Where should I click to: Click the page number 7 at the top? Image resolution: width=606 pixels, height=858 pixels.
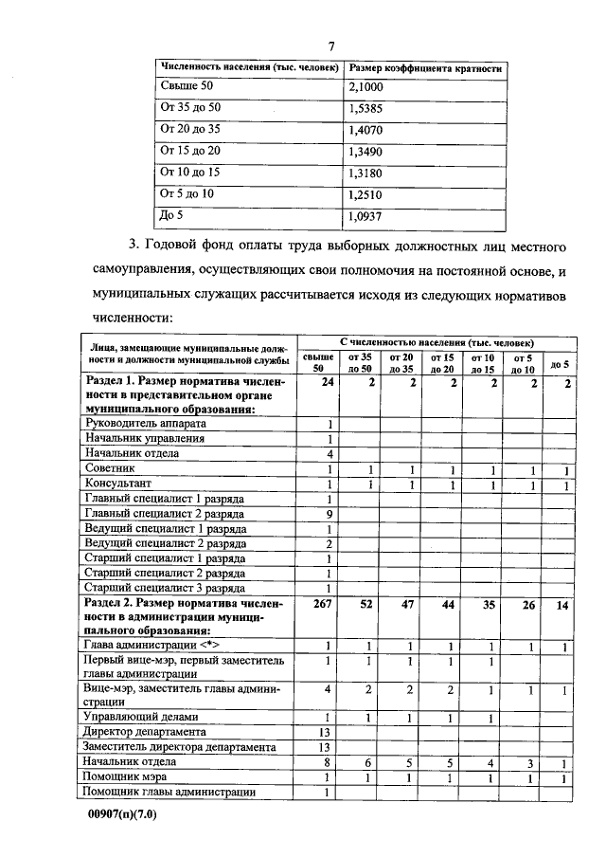(x=331, y=46)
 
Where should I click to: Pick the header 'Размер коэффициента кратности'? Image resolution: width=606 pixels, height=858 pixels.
(x=425, y=68)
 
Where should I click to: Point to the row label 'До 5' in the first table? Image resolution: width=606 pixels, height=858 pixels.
(x=170, y=214)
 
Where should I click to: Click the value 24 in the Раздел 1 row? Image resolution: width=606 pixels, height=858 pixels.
(x=327, y=382)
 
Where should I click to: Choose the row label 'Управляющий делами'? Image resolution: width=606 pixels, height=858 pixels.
(x=141, y=718)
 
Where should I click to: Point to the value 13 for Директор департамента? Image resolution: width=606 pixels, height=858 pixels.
(x=327, y=732)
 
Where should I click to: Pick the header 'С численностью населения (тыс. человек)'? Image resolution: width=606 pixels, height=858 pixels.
(x=436, y=341)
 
